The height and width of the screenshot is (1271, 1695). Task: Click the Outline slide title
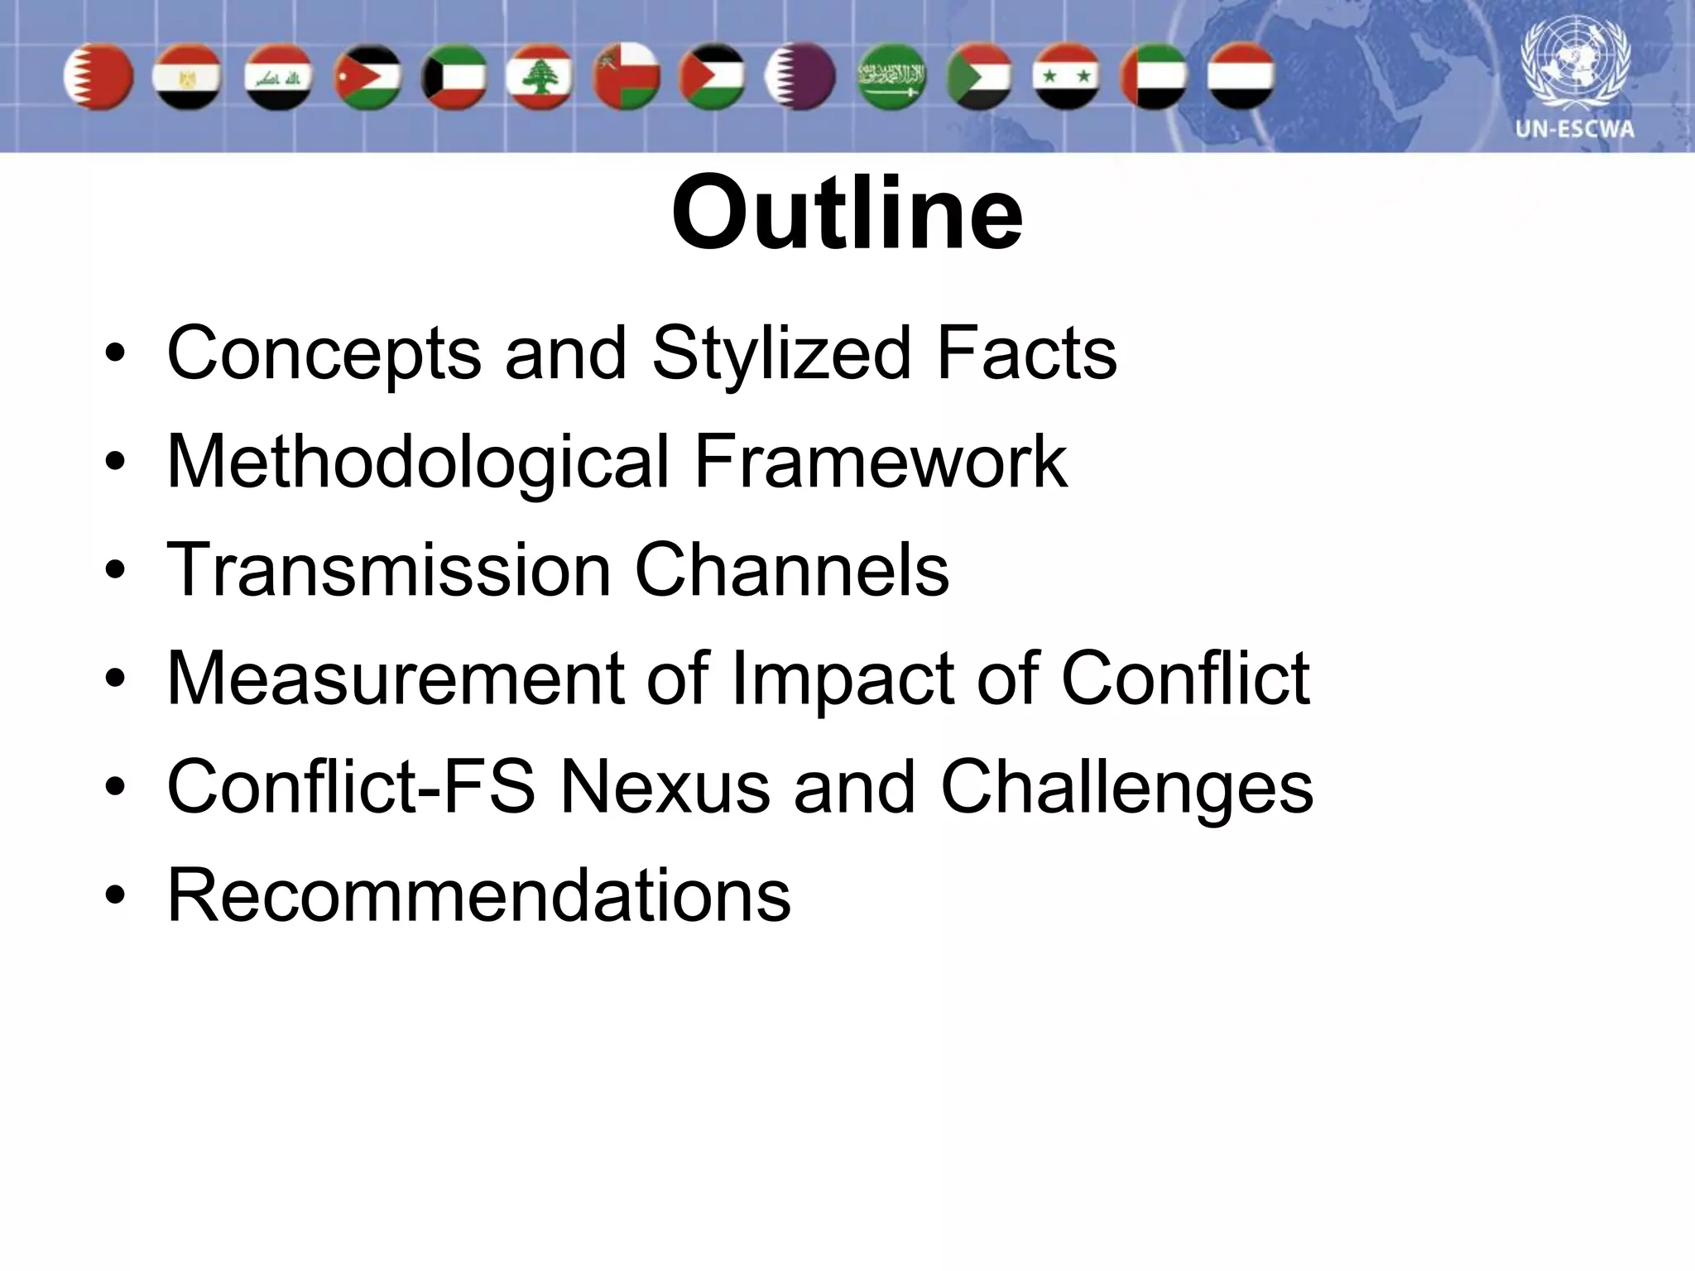click(847, 213)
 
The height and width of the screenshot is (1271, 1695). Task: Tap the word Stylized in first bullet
click(781, 353)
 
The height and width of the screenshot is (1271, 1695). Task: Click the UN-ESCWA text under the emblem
click(1574, 130)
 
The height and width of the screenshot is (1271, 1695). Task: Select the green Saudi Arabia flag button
click(891, 77)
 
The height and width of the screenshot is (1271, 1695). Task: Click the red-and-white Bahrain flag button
click(99, 77)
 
